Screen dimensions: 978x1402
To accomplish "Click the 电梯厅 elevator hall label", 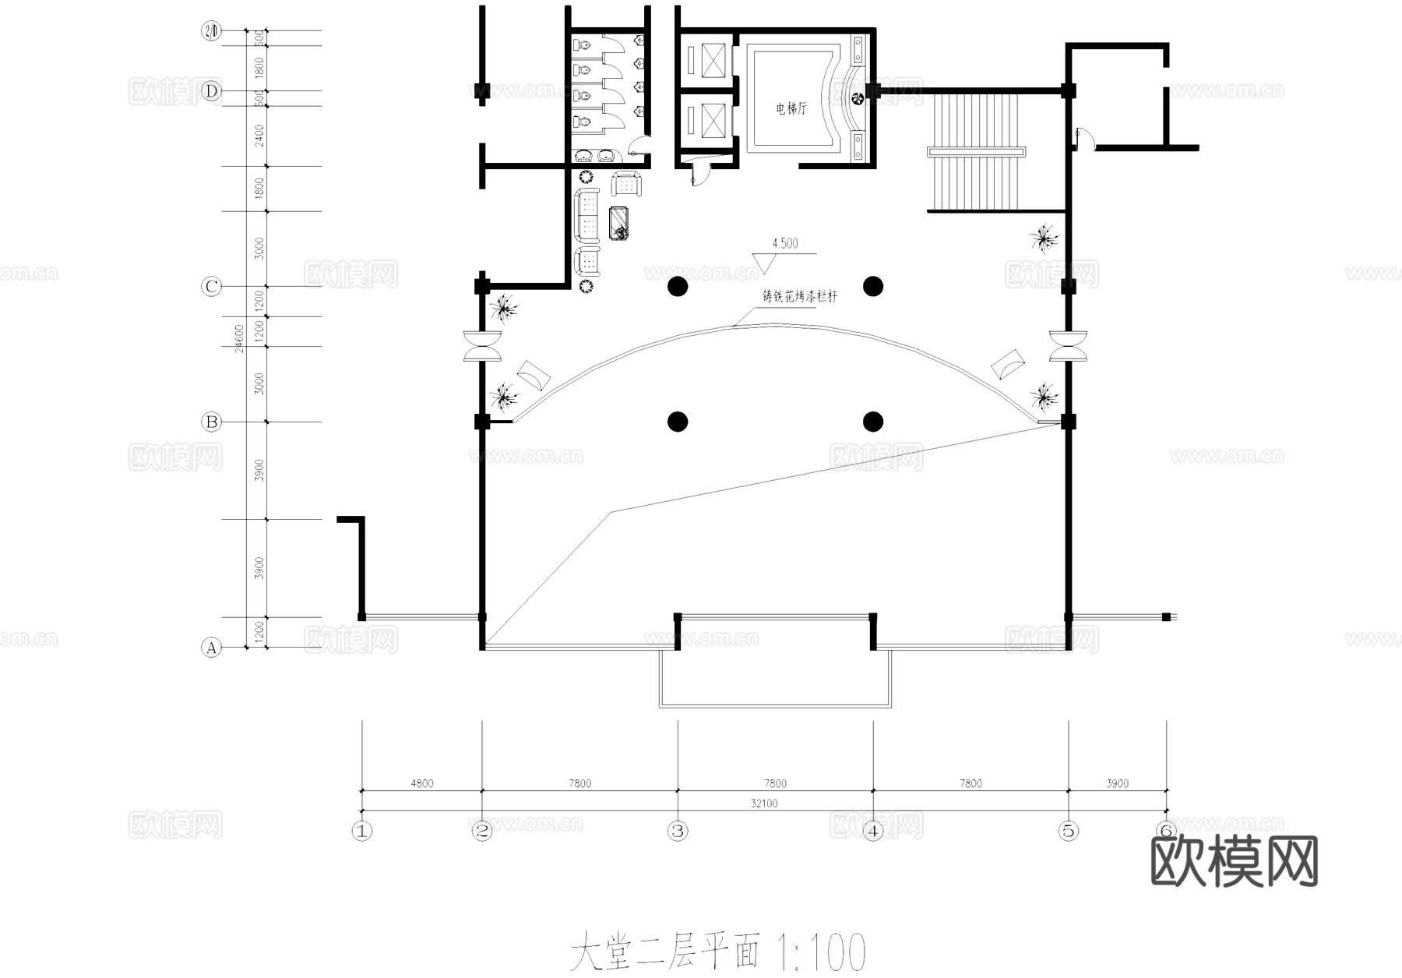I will [791, 108].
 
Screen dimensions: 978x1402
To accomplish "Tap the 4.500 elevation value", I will [785, 243].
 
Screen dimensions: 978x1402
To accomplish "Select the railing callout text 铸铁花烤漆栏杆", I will [799, 297].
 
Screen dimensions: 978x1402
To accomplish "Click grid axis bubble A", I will [211, 648].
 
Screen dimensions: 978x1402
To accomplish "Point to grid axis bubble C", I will [211, 287].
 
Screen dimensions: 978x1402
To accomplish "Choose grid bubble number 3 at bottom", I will [678, 831].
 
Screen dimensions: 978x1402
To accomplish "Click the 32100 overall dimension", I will [764, 803].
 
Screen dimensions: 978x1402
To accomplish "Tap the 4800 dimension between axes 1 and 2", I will [422, 783].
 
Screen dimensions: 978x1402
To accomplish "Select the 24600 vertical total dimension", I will [239, 338].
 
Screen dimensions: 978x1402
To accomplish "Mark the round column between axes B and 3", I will [678, 422].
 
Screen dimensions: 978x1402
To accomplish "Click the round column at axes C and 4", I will [873, 286].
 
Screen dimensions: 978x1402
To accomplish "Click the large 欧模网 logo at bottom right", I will [1235, 862].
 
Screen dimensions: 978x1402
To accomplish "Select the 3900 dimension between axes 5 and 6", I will [1117, 783].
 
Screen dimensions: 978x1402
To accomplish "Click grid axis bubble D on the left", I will [211, 92].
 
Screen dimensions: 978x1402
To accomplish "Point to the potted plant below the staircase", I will [1043, 238].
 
